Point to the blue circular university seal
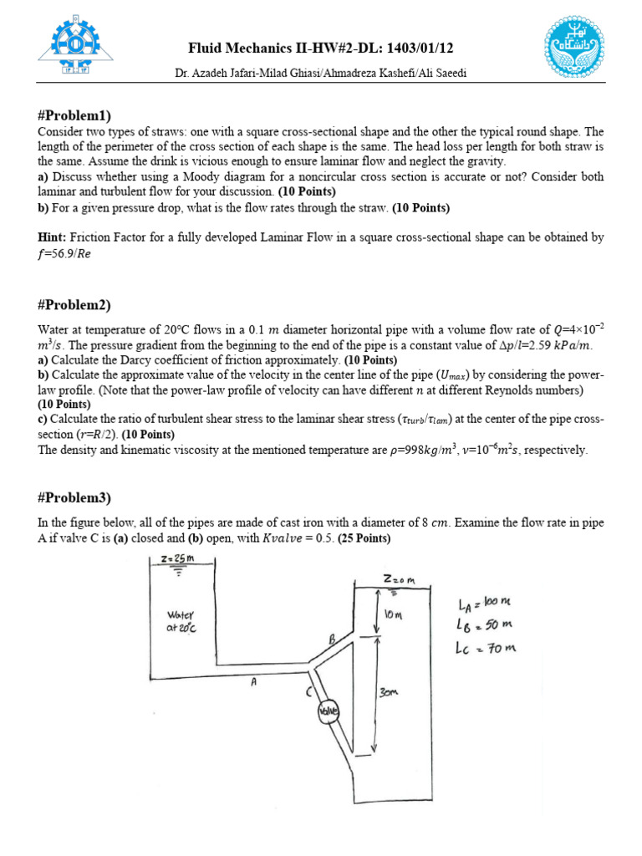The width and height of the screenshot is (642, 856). (x=573, y=48)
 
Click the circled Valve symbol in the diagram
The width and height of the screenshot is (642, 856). (x=329, y=711)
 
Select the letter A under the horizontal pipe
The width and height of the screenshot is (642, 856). (x=253, y=682)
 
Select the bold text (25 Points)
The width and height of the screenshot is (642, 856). (x=364, y=538)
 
